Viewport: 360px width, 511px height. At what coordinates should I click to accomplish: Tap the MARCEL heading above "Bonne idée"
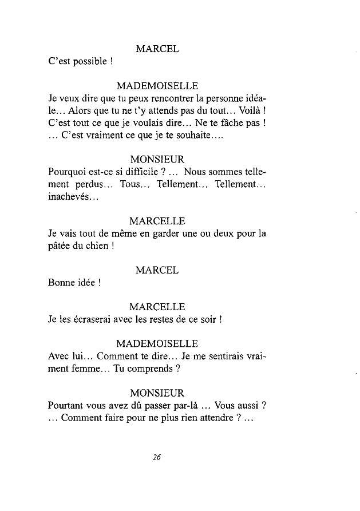point(157,270)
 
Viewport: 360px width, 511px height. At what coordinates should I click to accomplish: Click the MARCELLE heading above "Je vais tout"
point(157,221)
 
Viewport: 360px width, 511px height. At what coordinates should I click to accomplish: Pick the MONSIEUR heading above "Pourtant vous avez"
point(157,393)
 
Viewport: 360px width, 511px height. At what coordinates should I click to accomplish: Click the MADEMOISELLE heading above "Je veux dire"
point(157,86)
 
